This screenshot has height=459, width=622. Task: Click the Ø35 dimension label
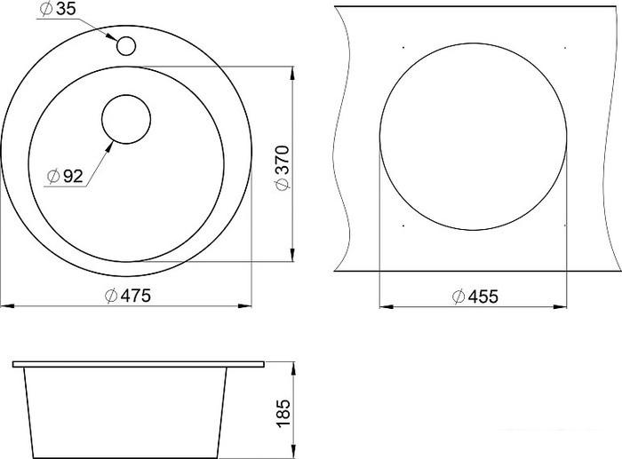58,10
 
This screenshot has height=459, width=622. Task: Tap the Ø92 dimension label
65,176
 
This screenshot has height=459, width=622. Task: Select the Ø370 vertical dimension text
283,169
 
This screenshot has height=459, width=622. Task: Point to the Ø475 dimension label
128,296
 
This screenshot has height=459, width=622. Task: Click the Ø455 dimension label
475,297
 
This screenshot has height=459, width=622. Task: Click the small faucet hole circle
126,45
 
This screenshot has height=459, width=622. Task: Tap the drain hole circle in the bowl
126,119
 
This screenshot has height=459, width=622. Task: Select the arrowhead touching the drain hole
109,146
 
